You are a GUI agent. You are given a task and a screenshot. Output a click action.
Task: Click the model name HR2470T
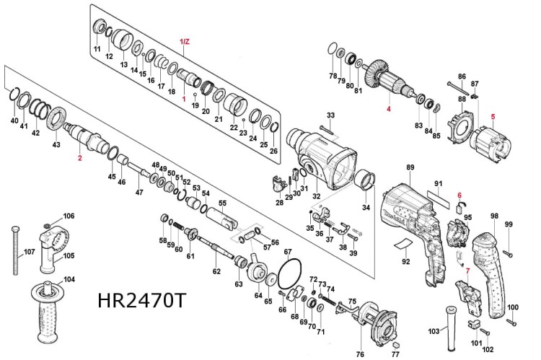(x=141, y=301)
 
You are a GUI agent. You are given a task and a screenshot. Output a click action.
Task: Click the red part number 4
(x=387, y=109)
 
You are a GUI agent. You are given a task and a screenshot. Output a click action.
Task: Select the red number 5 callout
(x=493, y=115)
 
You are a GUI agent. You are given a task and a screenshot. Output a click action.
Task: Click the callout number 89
(x=410, y=168)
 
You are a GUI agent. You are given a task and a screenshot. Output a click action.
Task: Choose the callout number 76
(x=360, y=354)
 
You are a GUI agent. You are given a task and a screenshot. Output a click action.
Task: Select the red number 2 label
(x=80, y=157)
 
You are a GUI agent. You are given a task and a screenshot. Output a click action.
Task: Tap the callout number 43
(x=56, y=145)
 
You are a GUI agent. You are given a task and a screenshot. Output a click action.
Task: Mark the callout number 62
(x=216, y=271)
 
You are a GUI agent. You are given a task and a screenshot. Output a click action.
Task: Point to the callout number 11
(x=97, y=48)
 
